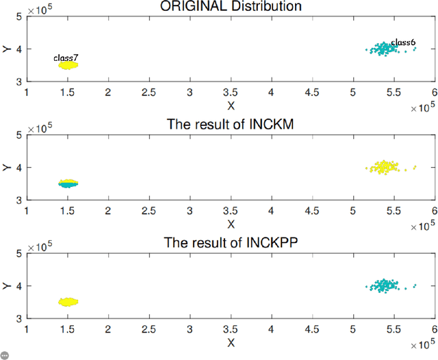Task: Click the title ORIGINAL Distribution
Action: pos(231,7)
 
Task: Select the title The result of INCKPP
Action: pos(231,243)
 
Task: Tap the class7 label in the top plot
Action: pos(66,58)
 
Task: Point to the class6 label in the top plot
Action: pos(403,42)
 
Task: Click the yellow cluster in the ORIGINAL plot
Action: pos(68,65)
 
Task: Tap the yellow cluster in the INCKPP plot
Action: pos(68,301)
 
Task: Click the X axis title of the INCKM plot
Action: pos(231,224)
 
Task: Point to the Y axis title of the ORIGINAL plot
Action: pos(5,49)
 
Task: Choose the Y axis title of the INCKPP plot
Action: pos(5,285)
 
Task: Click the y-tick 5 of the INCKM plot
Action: pos(20,135)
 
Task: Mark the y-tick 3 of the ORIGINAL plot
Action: pos(20,81)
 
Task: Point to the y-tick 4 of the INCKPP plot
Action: pos(20,285)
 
